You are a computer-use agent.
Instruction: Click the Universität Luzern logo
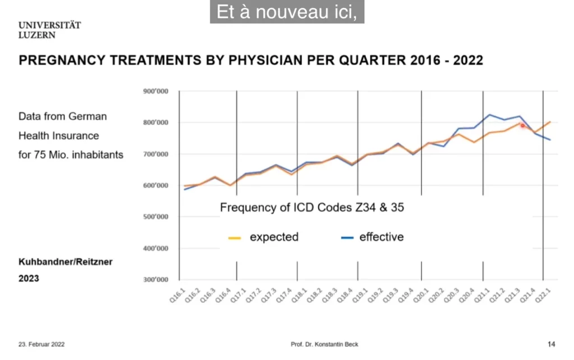[x=49, y=30]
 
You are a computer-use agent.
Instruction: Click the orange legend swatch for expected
[x=235, y=238]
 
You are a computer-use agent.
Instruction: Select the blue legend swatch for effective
[x=346, y=238]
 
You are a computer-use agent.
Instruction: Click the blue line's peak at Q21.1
[x=489, y=114]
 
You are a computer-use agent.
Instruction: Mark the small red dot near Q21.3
[x=522, y=126]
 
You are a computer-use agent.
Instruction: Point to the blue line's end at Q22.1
[x=550, y=140]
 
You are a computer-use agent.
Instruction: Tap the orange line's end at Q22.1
[x=550, y=121]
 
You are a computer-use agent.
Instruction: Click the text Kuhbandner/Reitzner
[x=66, y=262]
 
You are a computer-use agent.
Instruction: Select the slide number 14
[x=551, y=344]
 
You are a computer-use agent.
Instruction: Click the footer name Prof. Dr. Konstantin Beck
[x=324, y=344]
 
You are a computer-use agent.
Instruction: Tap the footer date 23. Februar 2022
[x=41, y=344]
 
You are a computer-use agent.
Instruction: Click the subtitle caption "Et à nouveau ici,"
[x=286, y=12]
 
